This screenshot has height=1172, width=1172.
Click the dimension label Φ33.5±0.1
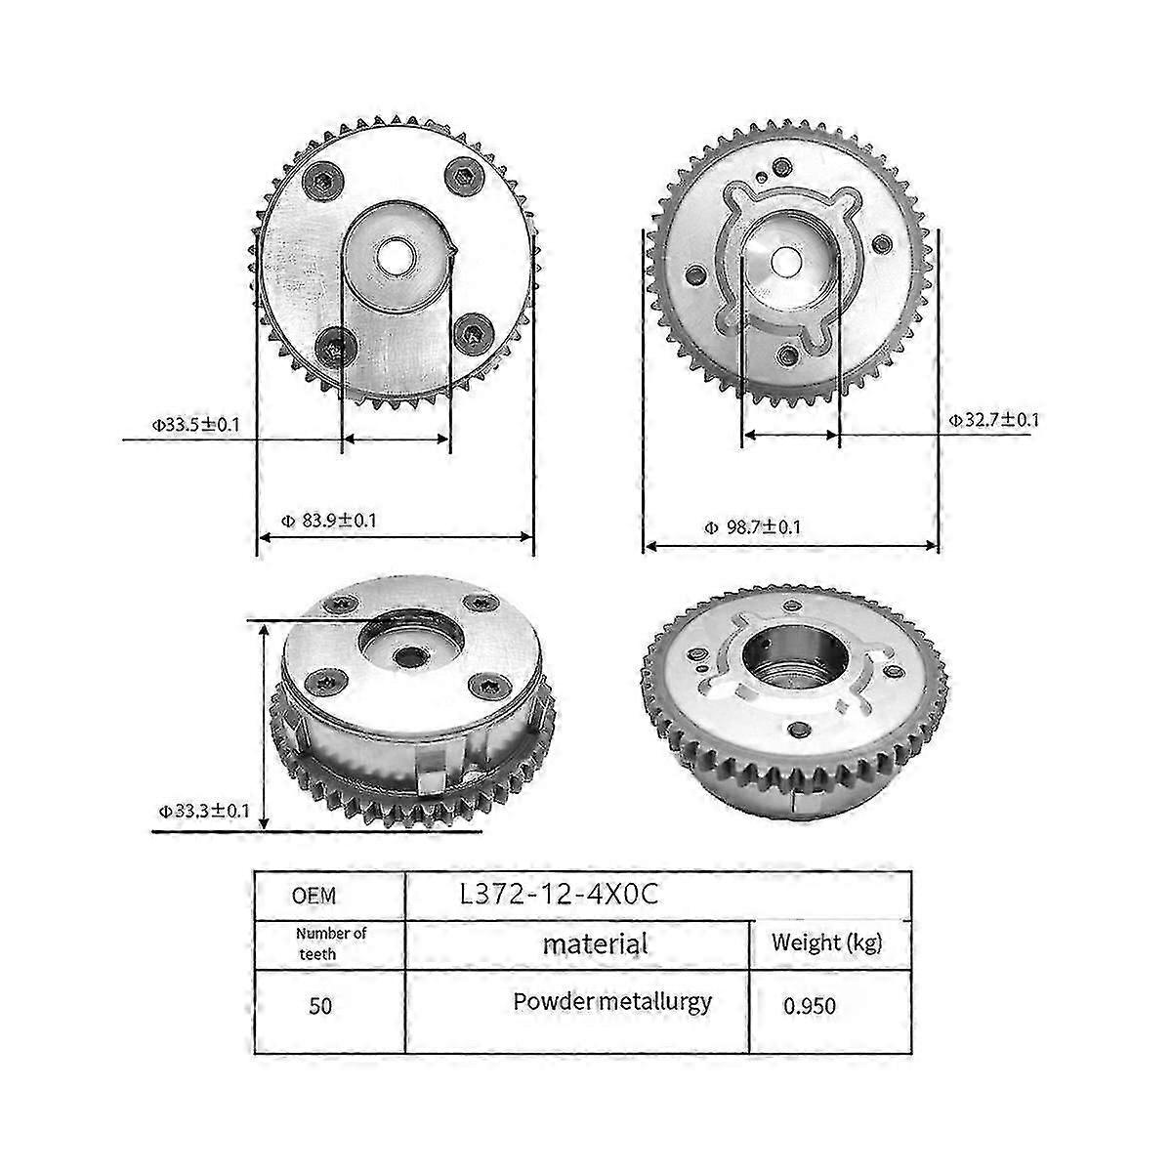tap(195, 425)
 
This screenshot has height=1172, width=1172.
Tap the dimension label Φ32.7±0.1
tap(994, 420)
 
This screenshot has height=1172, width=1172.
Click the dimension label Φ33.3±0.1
tap(205, 810)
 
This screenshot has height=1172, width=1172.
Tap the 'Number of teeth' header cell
tap(331, 943)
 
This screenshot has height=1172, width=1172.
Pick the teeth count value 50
tap(320, 1006)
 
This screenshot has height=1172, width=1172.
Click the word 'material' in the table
tap(596, 944)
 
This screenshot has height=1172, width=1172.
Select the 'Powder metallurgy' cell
tap(612, 1001)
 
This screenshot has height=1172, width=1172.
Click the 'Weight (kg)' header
tap(826, 942)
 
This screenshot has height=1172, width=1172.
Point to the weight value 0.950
tap(810, 1005)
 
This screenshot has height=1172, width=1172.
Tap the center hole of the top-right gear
tap(787, 262)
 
